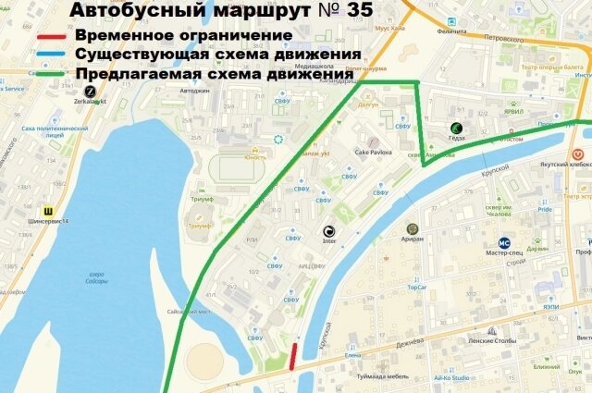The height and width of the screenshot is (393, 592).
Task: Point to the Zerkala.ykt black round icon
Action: coord(91,91)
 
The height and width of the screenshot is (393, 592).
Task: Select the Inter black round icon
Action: coord(327,231)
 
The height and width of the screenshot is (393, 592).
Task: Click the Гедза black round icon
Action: coord(455,128)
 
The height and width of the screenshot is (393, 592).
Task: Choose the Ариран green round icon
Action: coord(413,227)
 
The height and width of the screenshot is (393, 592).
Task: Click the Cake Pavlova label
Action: coord(374,152)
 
